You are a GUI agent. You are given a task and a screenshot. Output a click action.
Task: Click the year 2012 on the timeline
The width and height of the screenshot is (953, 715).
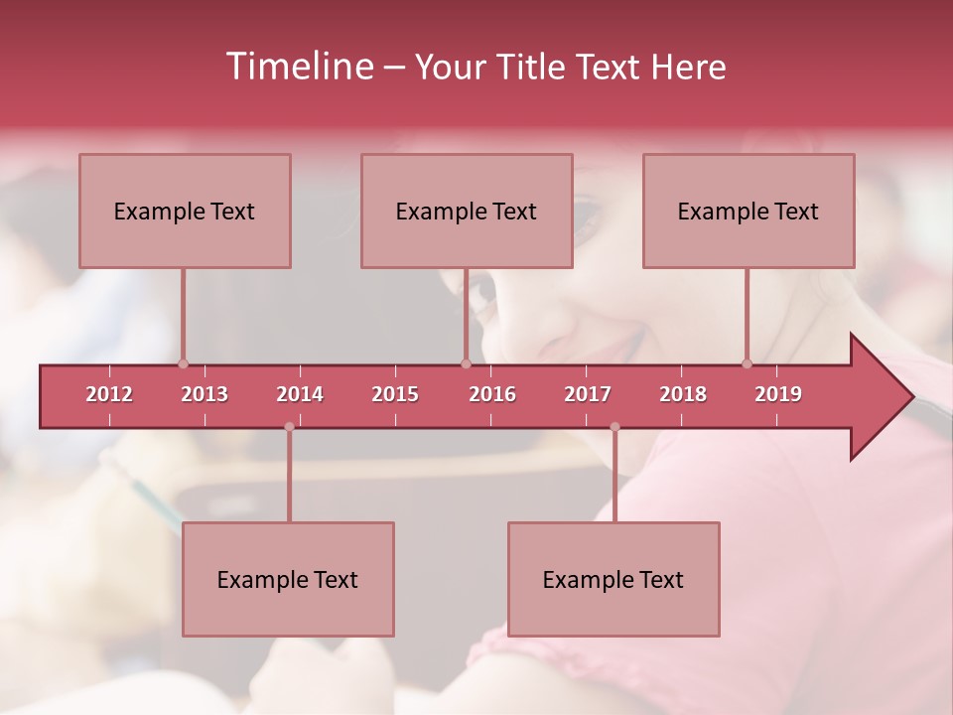click(109, 394)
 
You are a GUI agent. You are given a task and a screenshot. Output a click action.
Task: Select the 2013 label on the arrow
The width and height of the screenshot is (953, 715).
click(204, 394)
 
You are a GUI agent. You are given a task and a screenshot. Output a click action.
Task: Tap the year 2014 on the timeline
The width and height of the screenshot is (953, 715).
click(300, 394)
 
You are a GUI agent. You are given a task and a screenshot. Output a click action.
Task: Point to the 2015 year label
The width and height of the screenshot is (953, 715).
click(395, 394)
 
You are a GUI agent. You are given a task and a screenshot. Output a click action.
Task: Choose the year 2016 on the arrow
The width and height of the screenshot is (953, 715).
click(492, 394)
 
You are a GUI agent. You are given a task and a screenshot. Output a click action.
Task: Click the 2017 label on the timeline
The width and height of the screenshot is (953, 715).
click(588, 394)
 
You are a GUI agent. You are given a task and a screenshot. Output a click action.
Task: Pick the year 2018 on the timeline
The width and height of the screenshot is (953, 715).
click(683, 394)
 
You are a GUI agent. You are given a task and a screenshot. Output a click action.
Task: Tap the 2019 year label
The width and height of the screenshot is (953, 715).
click(778, 394)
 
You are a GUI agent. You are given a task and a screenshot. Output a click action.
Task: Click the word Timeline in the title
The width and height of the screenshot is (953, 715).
click(298, 67)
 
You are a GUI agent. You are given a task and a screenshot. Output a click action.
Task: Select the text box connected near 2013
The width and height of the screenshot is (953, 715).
click(185, 211)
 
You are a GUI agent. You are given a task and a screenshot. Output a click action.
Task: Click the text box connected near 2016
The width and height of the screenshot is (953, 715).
click(467, 211)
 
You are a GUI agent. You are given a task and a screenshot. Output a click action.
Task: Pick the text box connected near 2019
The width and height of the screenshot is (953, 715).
click(749, 211)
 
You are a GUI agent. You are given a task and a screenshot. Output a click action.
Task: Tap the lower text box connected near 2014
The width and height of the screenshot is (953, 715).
click(288, 579)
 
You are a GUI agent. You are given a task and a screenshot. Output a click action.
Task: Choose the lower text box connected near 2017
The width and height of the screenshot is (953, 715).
click(613, 579)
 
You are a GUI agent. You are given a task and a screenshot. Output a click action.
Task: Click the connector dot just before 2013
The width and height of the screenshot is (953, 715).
click(183, 363)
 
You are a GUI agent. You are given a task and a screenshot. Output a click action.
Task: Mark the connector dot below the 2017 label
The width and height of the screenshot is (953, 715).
click(614, 427)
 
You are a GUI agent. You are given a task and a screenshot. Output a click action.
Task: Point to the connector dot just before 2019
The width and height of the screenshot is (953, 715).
click(747, 363)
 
